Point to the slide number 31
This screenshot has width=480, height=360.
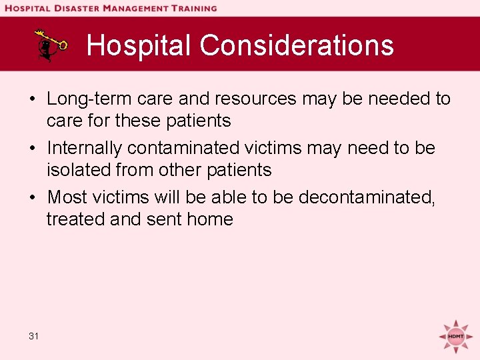click(34, 336)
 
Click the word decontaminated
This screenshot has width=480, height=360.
click(366, 197)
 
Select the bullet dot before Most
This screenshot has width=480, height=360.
click(32, 198)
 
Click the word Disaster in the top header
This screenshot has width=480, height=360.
click(73, 8)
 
